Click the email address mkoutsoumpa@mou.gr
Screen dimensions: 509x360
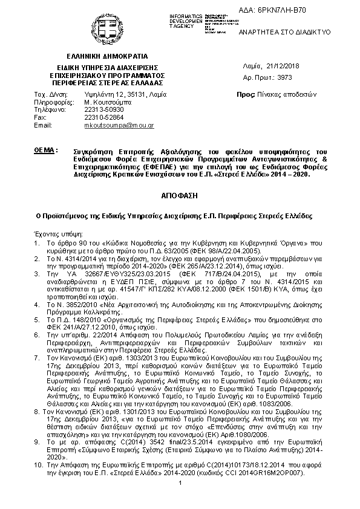click(119, 125)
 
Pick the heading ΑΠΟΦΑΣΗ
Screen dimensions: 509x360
click(180, 197)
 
